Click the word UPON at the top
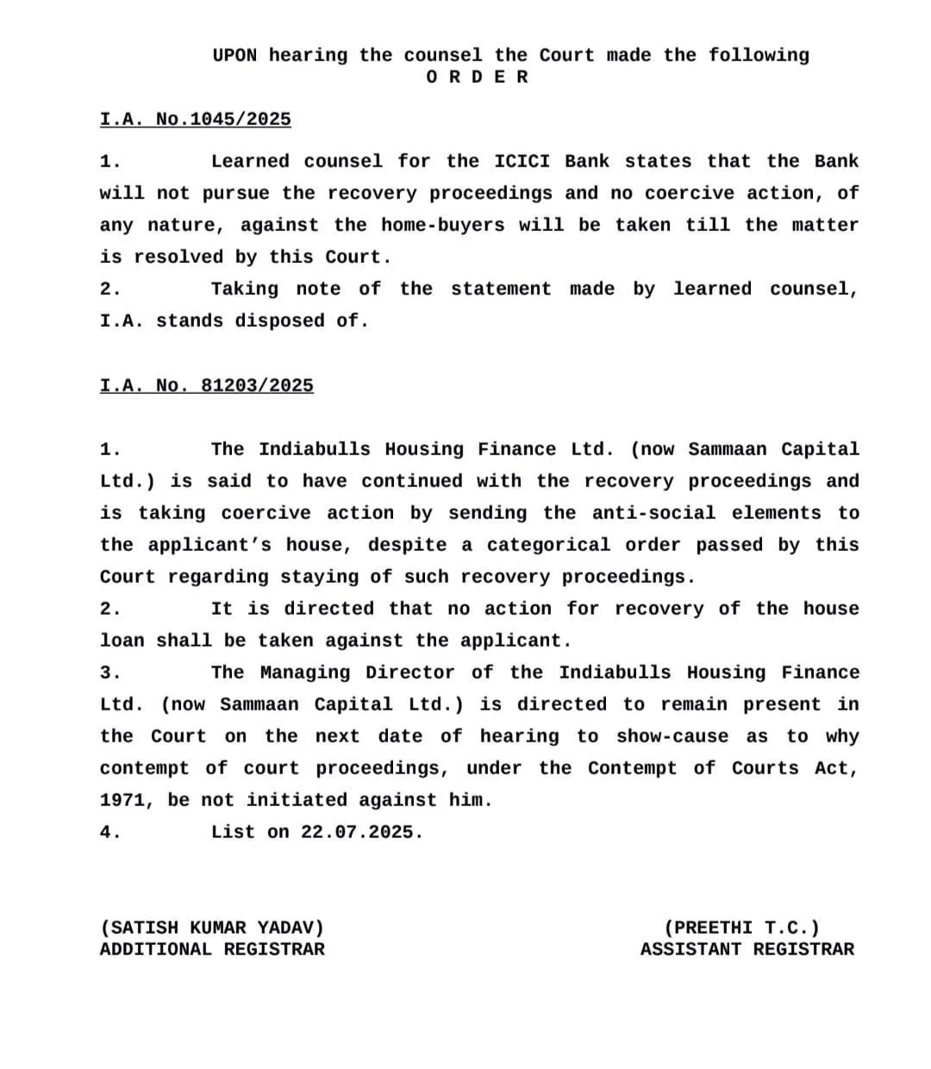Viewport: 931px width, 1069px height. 234,56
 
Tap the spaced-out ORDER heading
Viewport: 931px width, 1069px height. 478,78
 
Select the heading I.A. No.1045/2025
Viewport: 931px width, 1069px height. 196,120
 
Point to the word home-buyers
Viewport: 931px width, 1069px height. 442,226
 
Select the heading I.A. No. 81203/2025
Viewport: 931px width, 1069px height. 207,386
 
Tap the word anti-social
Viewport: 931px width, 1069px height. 653,514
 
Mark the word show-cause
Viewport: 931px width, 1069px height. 672,737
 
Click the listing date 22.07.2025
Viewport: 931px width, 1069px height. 361,833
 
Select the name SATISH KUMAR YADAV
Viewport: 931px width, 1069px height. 213,928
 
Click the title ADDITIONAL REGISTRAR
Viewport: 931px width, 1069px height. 213,950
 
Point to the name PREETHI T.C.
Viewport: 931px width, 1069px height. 742,928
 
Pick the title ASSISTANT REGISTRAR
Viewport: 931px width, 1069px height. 747,950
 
